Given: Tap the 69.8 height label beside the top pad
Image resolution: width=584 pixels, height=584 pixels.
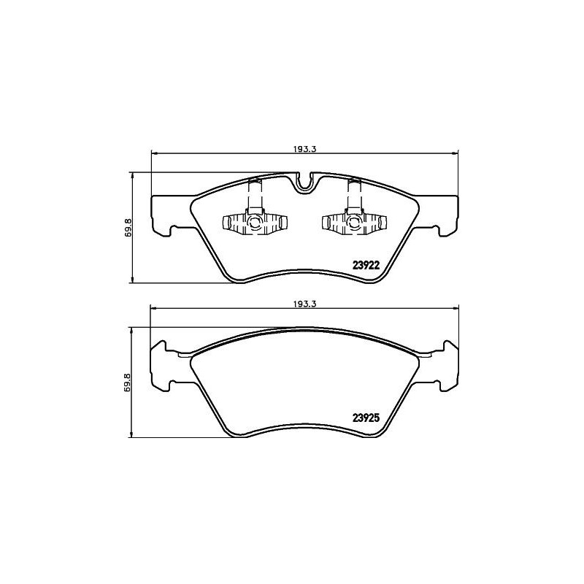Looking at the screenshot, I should [x=128, y=228].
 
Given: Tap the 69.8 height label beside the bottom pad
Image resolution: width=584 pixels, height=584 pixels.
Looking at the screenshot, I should [x=128, y=383].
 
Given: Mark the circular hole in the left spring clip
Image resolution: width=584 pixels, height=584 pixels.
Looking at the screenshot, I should [x=254, y=223].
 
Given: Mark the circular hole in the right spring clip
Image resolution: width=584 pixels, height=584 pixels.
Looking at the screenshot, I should [x=353, y=223].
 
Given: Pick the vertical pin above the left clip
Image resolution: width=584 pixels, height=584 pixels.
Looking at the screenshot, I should [x=255, y=194].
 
